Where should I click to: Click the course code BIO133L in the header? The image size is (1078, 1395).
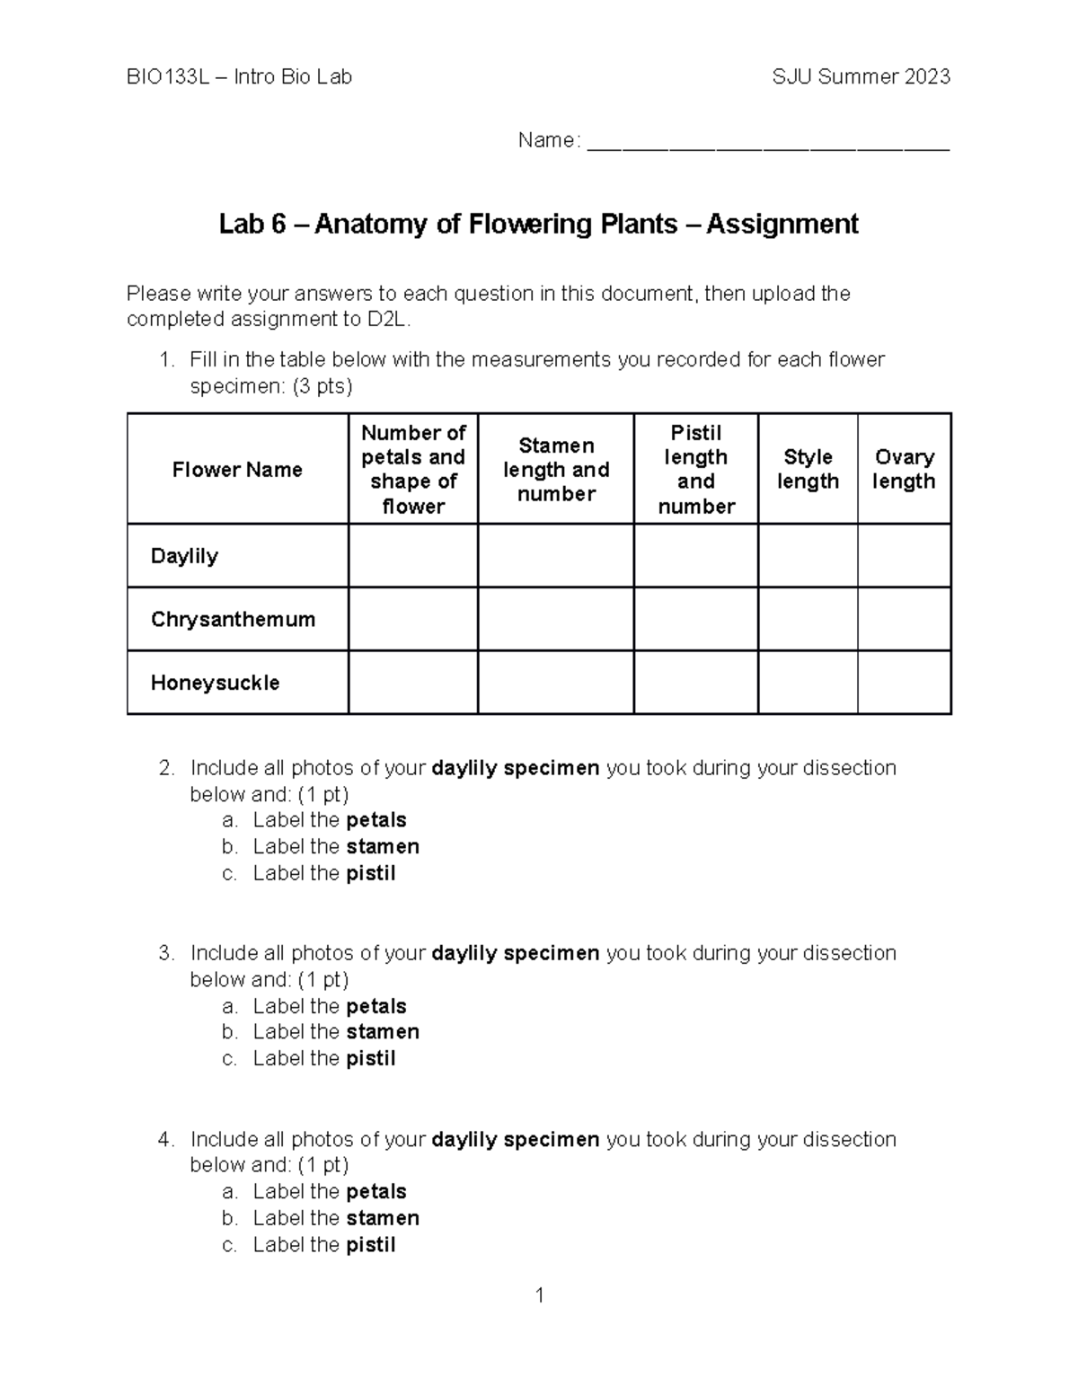coord(168,77)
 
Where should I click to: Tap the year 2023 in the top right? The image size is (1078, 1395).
coord(927,77)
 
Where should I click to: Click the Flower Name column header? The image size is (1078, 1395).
coord(237,470)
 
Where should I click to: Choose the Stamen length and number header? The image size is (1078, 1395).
coord(556,470)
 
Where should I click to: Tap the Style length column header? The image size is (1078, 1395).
coord(808,469)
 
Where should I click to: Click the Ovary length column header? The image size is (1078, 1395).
coord(904,469)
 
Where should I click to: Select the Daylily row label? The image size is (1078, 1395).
coord(184,556)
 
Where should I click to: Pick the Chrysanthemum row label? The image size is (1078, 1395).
coord(233,620)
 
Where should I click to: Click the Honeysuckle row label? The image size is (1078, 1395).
coord(215,683)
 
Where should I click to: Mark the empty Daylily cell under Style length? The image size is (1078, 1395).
coord(808,556)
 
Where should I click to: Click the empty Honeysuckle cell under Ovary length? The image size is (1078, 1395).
coord(904,683)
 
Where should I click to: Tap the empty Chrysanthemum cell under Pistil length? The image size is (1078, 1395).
coord(696,620)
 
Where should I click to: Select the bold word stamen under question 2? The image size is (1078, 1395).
coord(383,847)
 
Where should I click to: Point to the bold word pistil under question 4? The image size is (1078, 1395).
coord(371,1245)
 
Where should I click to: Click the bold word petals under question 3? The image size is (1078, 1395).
coord(376,1006)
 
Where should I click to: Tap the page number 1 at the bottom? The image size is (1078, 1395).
coord(540,1295)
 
